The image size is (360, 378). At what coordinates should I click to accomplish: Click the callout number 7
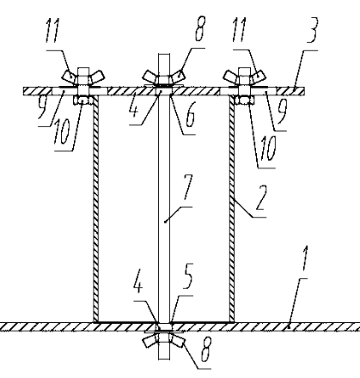tap(187, 187)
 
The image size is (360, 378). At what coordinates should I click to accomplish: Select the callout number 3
tap(311, 30)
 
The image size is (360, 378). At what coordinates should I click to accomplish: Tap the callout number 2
tap(261, 198)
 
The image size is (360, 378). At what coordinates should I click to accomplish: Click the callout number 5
tap(187, 277)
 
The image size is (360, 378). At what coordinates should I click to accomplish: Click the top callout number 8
tap(200, 28)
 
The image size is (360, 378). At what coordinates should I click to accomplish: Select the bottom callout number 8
tap(205, 350)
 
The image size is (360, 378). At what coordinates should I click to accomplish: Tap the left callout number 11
tap(52, 31)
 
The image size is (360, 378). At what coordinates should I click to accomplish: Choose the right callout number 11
tap(240, 30)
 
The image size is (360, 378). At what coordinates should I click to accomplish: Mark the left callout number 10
tap(62, 132)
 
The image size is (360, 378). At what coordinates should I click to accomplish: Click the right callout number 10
tap(268, 149)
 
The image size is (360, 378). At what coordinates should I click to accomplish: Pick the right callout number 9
tap(282, 113)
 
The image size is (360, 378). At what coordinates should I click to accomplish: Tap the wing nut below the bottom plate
tap(164, 339)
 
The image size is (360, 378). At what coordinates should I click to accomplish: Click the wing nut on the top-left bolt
tap(83, 76)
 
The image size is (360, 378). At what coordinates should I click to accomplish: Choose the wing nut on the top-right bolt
tap(245, 76)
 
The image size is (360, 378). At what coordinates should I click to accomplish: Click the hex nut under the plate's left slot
tap(83, 101)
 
